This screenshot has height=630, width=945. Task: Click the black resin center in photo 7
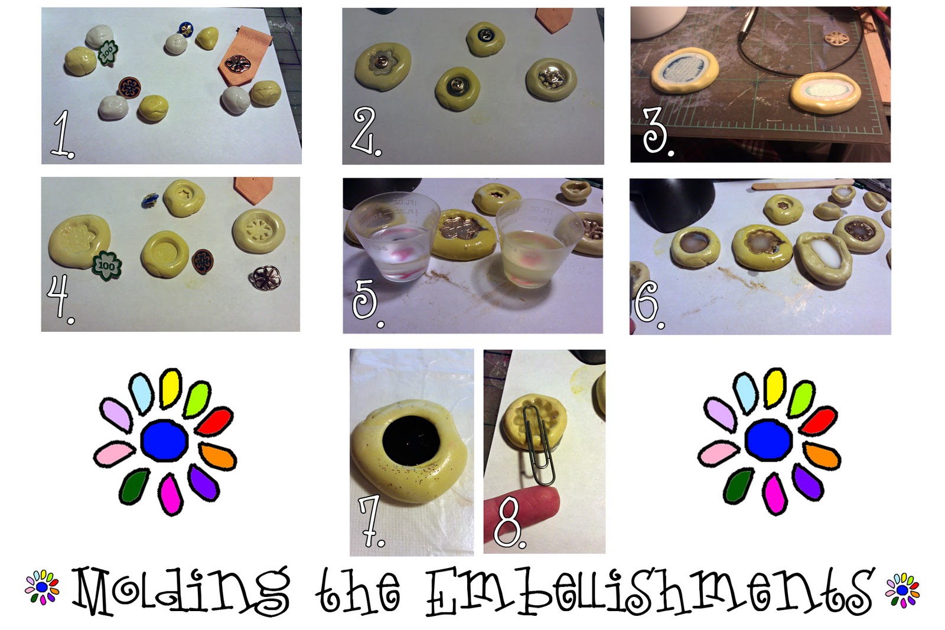(411, 440)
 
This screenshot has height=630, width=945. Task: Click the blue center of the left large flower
(165, 440)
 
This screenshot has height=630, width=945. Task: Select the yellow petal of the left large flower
(171, 388)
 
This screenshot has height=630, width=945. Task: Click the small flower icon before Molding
(42, 587)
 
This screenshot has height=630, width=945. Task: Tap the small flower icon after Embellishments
(902, 590)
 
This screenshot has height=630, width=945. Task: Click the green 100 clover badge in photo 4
(107, 266)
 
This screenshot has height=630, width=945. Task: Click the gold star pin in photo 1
(185, 29)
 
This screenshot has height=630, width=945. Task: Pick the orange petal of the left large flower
(217, 456)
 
